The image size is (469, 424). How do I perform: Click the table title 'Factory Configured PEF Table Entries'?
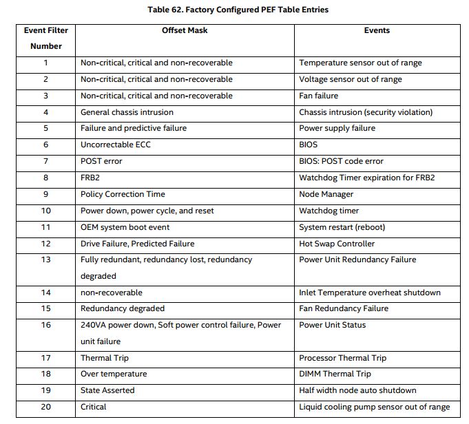click(238, 10)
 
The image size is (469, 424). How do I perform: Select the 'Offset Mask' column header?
click(185, 30)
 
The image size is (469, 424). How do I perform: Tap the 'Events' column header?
click(377, 30)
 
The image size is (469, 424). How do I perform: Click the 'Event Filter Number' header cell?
click(45, 38)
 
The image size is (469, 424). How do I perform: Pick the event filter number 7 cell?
click(45, 161)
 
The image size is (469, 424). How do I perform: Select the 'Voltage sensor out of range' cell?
click(351, 79)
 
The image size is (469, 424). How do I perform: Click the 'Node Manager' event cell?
click(326, 194)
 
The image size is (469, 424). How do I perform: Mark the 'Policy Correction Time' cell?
click(123, 194)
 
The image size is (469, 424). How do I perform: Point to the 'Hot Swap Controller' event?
click(337, 243)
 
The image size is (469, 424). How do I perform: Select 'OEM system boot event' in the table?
click(125, 227)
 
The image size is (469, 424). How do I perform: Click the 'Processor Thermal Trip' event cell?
click(342, 358)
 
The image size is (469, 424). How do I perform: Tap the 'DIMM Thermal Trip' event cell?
click(335, 374)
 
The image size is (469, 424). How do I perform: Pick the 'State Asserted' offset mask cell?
click(107, 390)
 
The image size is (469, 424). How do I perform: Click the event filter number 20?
click(45, 407)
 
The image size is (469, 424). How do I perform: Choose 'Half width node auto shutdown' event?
click(357, 390)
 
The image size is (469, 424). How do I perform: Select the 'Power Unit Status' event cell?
click(332, 325)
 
